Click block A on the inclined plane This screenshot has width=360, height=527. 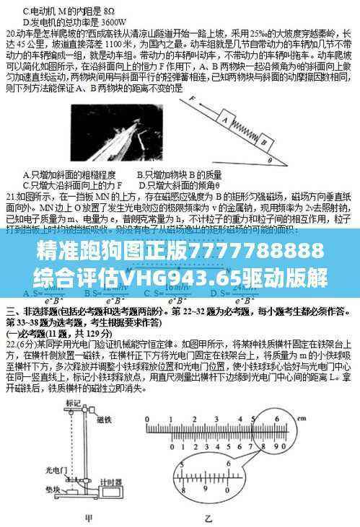click(224, 120)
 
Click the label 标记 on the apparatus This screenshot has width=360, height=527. click(73, 401)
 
